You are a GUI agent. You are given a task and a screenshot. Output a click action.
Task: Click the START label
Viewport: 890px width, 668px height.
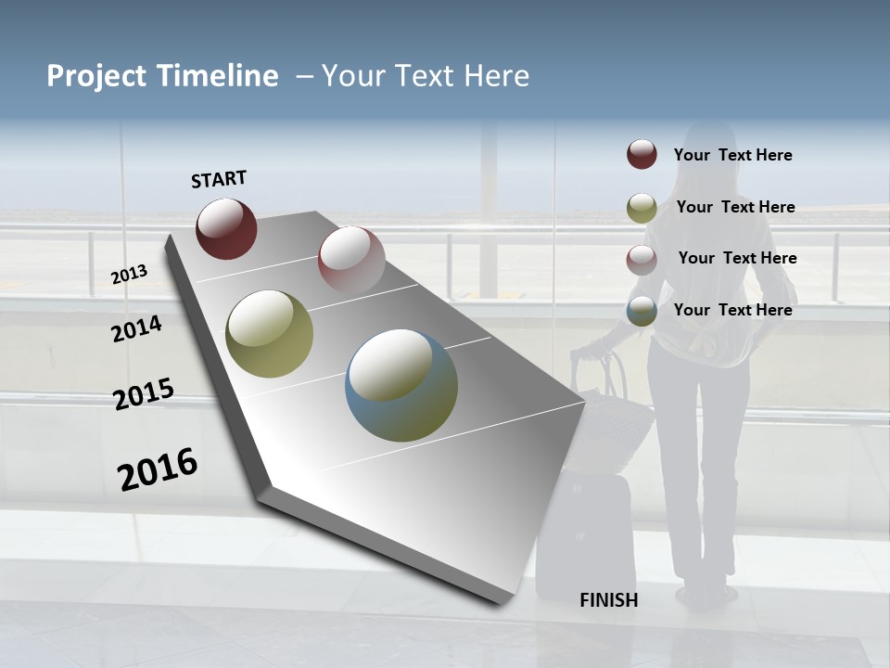219,178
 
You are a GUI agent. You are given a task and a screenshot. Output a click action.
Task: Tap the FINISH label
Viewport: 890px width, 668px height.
608,600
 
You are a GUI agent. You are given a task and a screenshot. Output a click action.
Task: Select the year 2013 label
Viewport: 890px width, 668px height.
129,274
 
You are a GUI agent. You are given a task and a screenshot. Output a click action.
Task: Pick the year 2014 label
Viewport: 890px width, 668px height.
136,328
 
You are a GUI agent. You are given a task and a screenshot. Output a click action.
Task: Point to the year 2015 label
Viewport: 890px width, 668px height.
143,394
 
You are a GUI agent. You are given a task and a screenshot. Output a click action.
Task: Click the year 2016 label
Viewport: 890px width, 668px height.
158,469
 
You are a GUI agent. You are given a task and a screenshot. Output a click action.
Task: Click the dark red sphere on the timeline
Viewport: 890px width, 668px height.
226,228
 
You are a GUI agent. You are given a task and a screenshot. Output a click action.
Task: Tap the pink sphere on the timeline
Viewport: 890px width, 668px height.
351,259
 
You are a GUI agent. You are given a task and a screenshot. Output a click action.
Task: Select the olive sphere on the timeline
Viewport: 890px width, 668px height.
269,334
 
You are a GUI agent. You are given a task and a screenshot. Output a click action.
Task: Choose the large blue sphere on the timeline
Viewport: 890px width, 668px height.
401,385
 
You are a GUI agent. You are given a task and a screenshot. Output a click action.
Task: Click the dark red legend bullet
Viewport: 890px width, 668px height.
642,154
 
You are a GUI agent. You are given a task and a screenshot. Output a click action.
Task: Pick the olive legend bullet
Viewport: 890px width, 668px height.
642,208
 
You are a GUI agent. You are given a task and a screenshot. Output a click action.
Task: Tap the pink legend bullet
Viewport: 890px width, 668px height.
642,260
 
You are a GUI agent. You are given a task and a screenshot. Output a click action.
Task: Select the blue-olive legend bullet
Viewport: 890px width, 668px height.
642,311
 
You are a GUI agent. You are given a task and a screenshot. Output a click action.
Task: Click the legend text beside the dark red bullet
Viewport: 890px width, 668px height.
732,155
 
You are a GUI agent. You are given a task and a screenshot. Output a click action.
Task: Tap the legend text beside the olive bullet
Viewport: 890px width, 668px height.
735,207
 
